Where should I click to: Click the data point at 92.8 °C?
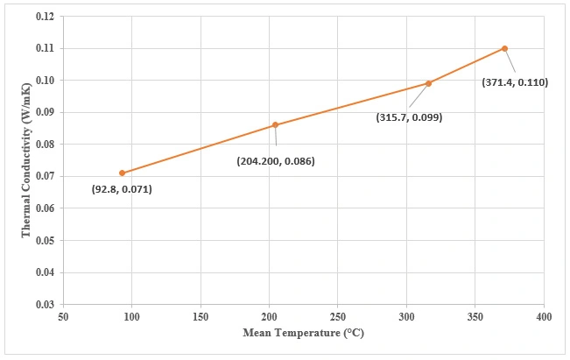point(122,173)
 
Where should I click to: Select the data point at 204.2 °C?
point(275,125)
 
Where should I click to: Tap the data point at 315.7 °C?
point(428,83)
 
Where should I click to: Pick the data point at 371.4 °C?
point(504,48)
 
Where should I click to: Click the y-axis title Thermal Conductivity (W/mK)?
point(27,159)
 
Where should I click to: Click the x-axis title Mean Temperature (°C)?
point(303,334)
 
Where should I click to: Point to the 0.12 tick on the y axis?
point(44,16)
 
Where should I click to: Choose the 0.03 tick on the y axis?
point(44,304)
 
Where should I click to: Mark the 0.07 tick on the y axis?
point(44,176)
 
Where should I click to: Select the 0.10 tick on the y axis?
point(44,80)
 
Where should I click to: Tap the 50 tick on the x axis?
point(63,315)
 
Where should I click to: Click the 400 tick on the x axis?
point(544,315)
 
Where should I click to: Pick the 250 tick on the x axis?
point(338,315)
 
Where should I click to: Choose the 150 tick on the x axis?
point(201,315)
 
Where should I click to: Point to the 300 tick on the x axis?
point(406,315)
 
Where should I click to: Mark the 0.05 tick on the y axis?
point(44,240)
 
